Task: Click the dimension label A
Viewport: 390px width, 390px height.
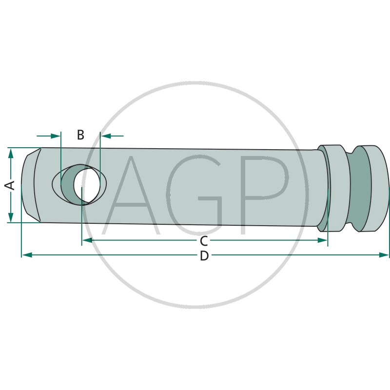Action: (x=10, y=185)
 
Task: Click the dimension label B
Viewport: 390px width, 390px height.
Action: (x=80, y=135)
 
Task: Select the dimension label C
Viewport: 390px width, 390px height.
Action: (x=204, y=241)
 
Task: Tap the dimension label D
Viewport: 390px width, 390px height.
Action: (x=204, y=255)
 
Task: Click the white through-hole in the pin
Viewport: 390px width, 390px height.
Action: (x=87, y=184)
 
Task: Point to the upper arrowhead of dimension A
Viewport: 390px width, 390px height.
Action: (x=11, y=154)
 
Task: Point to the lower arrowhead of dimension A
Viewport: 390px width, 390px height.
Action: (x=11, y=217)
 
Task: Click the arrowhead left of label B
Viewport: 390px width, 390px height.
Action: (x=55, y=136)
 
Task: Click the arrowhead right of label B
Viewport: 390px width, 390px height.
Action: (x=106, y=136)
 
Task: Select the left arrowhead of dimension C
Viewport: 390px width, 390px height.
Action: (x=87, y=240)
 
